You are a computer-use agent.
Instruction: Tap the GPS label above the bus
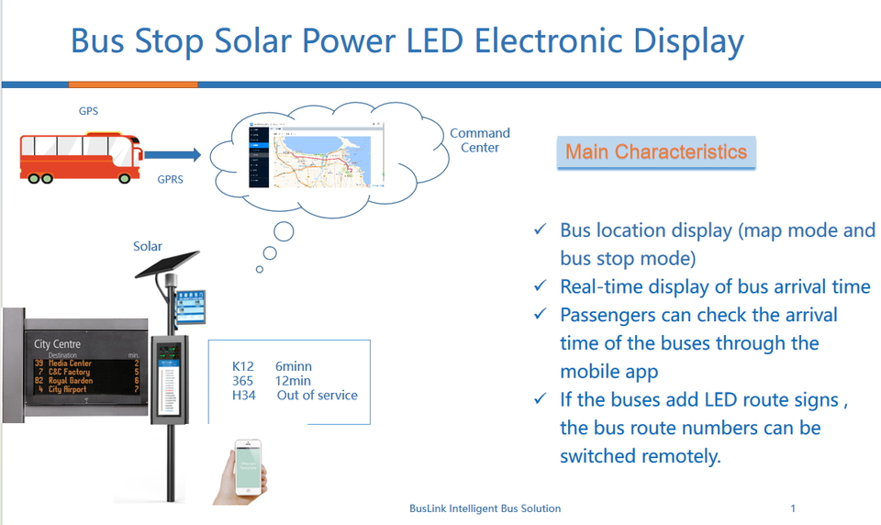pos(88,111)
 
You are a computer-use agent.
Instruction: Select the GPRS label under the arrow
pos(170,179)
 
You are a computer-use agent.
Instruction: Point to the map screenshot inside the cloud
pos(311,156)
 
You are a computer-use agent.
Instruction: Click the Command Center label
pos(479,140)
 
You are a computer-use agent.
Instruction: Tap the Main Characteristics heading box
pos(655,151)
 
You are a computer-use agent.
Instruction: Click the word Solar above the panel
pos(148,246)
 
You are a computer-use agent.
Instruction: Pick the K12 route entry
pos(242,366)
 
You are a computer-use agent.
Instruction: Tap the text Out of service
pos(317,395)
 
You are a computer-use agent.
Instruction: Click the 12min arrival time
pos(293,381)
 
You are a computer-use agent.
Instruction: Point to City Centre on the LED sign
pos(58,344)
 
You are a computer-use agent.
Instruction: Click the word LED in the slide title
pos(434,41)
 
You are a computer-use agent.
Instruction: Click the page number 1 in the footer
pos(793,508)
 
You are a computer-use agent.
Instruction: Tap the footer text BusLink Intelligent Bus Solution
pos(485,508)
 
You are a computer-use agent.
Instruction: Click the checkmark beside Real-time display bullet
pos(541,287)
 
